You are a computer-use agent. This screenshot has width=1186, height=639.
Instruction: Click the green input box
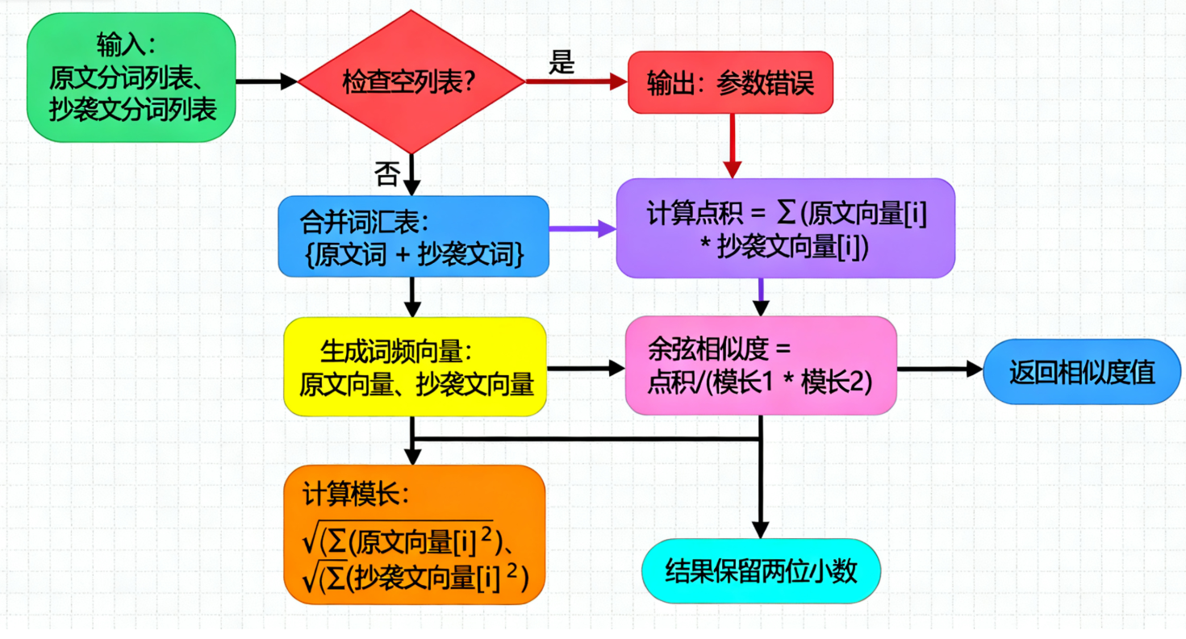point(132,77)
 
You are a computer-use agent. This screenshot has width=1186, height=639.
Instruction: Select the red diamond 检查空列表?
point(411,81)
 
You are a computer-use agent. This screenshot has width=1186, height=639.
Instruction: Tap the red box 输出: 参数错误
point(730,81)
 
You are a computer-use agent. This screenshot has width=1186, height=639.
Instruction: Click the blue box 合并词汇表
point(413,236)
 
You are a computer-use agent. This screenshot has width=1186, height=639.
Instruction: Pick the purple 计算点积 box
point(785,228)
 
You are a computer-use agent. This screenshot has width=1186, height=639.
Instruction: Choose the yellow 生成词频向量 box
point(415,367)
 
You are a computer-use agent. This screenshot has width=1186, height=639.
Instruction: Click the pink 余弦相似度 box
point(761,365)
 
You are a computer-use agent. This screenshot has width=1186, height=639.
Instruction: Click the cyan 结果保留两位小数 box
point(761,570)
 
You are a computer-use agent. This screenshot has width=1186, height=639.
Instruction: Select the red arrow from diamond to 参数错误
point(576,81)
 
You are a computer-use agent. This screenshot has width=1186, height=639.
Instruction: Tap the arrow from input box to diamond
point(266,81)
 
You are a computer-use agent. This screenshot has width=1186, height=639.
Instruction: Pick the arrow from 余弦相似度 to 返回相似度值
point(940,370)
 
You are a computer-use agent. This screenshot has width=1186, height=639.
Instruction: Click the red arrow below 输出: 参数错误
point(732,145)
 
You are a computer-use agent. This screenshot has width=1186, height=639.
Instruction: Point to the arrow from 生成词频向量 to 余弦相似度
point(586,368)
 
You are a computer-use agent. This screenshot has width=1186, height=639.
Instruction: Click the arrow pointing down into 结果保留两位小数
point(761,492)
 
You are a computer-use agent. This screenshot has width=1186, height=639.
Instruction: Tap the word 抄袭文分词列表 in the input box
point(133,111)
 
